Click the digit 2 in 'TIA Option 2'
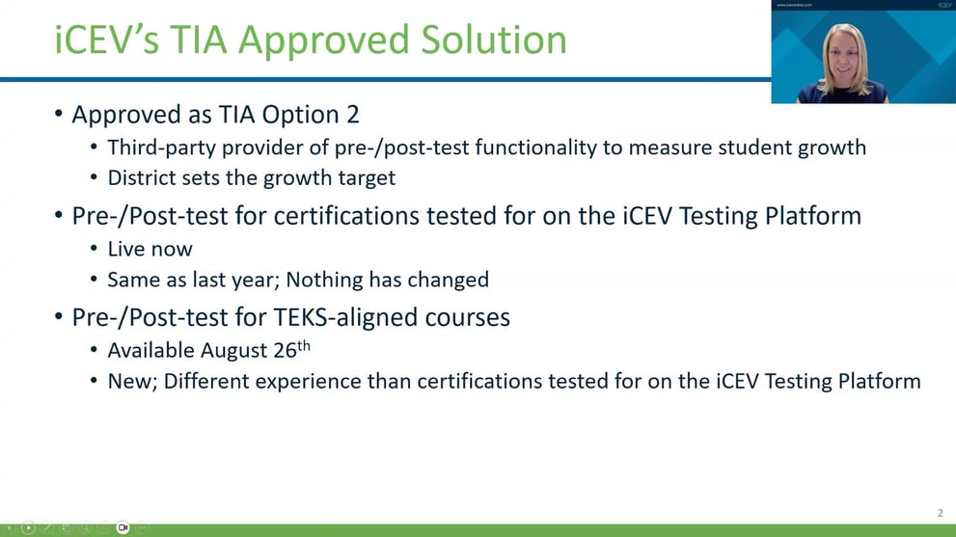pyautogui.click(x=352, y=114)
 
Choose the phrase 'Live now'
pyautogui.click(x=150, y=249)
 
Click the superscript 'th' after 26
pyautogui.click(x=303, y=345)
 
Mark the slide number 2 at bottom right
pyautogui.click(x=941, y=513)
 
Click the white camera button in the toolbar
pyautogui.click(x=123, y=527)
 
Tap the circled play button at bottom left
pyautogui.click(x=28, y=527)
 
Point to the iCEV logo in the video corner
pyautogui.click(x=944, y=5)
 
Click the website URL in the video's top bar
pyautogui.click(x=795, y=5)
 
